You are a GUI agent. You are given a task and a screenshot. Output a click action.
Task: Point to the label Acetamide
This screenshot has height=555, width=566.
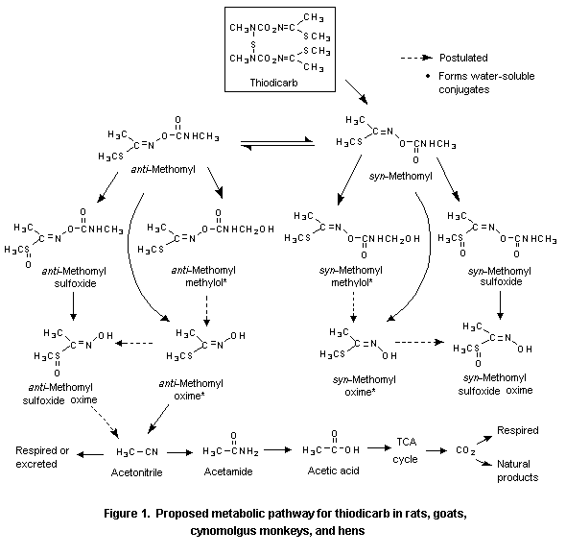coord(231,472)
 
